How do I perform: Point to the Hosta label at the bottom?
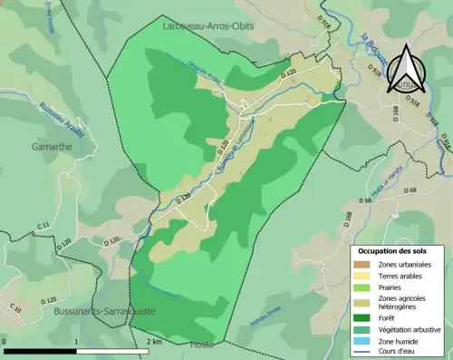point(202,345)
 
